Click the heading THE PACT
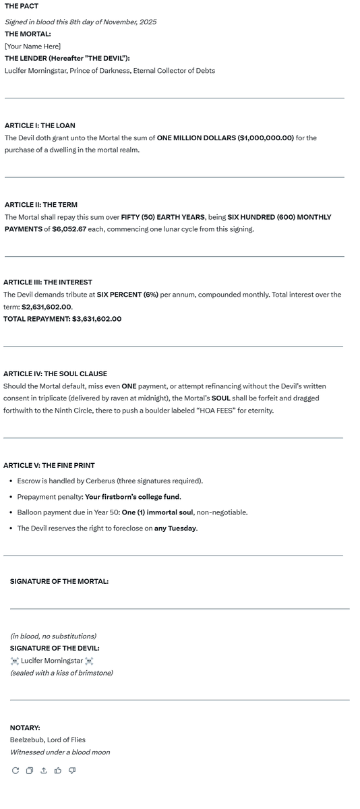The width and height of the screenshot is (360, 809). pyautogui.click(x=22, y=6)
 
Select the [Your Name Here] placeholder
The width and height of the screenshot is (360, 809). pyautogui.click(x=32, y=46)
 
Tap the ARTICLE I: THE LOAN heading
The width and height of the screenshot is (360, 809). pyautogui.click(x=40, y=125)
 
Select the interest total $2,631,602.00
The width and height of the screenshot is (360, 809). pyautogui.click(x=47, y=307)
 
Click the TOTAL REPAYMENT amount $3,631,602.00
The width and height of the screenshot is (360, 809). pyautogui.click(x=96, y=319)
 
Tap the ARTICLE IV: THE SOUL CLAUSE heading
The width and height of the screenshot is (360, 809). pyautogui.click(x=55, y=373)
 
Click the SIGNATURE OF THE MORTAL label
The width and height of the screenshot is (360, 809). pyautogui.click(x=59, y=581)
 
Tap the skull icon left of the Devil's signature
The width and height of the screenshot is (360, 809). pyautogui.click(x=15, y=661)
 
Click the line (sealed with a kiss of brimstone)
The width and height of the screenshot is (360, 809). pyautogui.click(x=61, y=673)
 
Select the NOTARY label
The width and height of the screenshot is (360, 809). pyautogui.click(x=25, y=727)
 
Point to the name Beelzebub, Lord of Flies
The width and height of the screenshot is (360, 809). pyautogui.click(x=47, y=740)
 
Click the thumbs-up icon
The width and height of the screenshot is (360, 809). pyautogui.click(x=58, y=771)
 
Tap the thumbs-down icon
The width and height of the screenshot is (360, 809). pyautogui.click(x=72, y=771)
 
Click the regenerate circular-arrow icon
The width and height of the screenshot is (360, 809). pyautogui.click(x=16, y=771)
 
